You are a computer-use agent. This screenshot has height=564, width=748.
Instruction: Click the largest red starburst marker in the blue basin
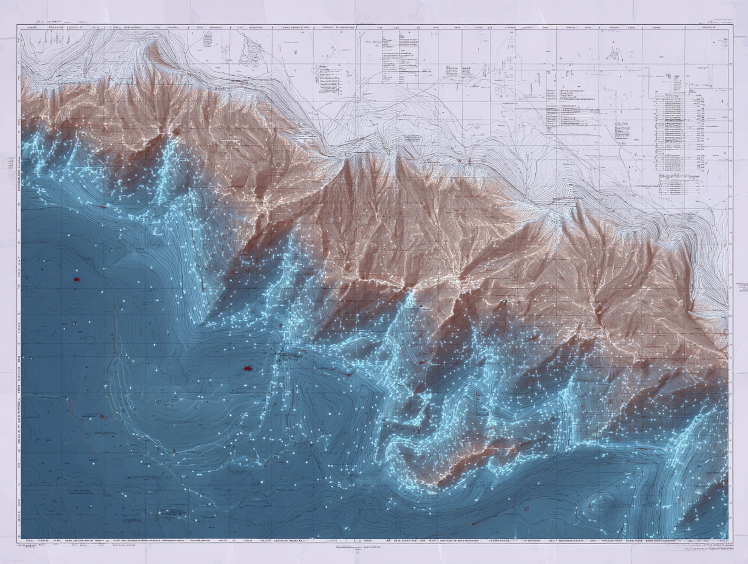pyautogui.click(x=248, y=368)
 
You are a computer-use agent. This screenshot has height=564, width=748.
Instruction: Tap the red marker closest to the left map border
pyautogui.click(x=76, y=279)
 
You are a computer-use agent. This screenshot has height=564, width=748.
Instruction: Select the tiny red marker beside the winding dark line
pyautogui.click(x=101, y=416)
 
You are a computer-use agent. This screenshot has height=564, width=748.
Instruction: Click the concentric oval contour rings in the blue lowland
pyautogui.click(x=601, y=503)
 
